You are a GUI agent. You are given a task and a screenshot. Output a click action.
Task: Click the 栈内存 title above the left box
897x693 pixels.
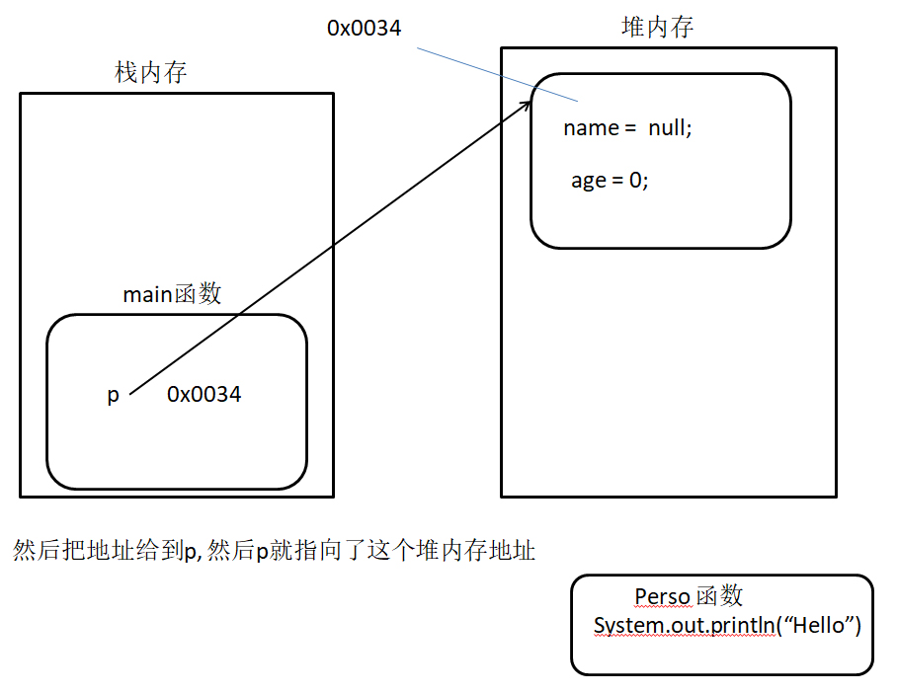[151, 72]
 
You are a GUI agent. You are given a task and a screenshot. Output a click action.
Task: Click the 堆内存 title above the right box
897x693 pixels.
[657, 27]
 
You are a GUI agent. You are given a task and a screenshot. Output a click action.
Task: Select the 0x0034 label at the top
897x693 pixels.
[364, 28]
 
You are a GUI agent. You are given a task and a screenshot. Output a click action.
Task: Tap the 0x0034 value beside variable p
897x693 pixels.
[204, 395]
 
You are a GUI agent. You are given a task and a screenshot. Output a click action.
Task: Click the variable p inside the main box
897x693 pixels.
[114, 396]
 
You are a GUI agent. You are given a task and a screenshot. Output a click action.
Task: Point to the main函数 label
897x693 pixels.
[172, 294]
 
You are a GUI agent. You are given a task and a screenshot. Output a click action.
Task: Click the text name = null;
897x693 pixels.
[627, 128]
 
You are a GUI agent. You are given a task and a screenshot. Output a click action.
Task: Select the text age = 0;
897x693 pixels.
[610, 181]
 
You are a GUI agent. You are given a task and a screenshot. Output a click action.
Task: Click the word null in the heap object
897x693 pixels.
[669, 128]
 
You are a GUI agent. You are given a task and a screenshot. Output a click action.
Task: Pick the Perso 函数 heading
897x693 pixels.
[689, 596]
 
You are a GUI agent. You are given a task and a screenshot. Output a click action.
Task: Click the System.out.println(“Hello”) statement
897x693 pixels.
[727, 626]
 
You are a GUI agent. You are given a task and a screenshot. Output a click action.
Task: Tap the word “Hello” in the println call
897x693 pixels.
[819, 626]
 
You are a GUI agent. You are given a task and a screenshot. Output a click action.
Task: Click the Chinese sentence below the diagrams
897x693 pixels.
[274, 551]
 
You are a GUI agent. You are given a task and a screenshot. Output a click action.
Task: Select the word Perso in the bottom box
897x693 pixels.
[662, 596]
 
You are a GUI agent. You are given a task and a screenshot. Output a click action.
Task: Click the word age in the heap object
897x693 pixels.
[588, 182]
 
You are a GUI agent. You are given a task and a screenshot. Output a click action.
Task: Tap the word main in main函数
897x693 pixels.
[146, 294]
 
